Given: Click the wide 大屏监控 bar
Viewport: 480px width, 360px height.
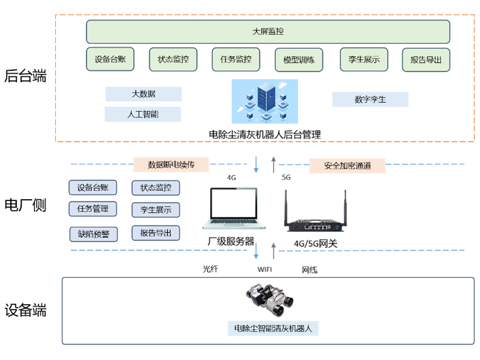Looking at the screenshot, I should (268, 31).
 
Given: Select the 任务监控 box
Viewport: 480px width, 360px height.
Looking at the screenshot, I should (235, 59).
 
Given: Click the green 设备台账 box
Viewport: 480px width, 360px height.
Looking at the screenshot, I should (110, 59).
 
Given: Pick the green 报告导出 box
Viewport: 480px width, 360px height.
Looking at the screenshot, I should (426, 60).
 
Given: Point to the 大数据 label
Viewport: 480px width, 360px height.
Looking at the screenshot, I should (143, 94).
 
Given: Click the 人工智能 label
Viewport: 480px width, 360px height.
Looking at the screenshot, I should (143, 114).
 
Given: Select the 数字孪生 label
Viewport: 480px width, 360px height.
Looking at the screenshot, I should (370, 100).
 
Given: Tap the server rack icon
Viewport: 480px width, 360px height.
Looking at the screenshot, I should (265, 101).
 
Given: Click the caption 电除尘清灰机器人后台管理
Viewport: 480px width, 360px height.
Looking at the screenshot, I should (265, 134).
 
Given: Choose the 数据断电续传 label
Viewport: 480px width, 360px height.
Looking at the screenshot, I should (171, 164).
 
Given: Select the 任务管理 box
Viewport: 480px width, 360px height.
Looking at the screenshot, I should (93, 209).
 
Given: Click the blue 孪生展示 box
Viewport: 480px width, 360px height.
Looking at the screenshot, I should (155, 209).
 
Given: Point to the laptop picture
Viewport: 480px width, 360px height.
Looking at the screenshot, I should (234, 208).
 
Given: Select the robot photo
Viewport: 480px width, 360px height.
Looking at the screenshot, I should (268, 299).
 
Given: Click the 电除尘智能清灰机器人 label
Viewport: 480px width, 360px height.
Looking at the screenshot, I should (273, 328).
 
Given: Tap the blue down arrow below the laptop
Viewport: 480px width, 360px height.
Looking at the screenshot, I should (256, 251).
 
